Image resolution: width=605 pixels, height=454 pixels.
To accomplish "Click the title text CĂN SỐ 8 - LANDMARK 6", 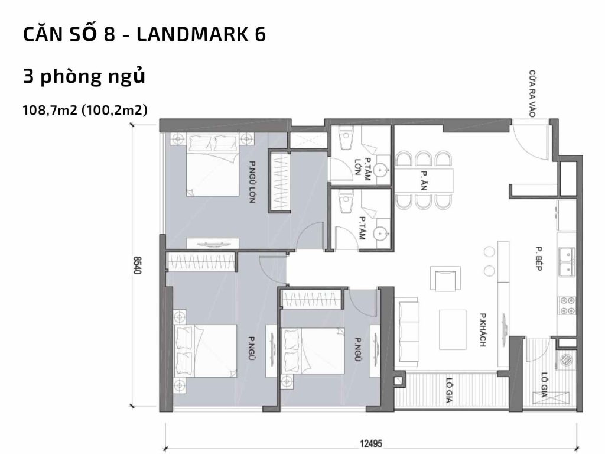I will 144,35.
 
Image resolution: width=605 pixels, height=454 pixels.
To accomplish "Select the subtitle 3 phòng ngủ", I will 84,77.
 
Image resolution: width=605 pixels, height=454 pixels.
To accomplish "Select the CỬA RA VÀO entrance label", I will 532,95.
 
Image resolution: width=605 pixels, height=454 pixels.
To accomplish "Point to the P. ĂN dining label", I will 424,180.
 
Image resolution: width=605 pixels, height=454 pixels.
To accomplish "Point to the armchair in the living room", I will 445,279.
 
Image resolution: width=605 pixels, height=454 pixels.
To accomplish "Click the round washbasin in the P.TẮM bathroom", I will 383,232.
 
